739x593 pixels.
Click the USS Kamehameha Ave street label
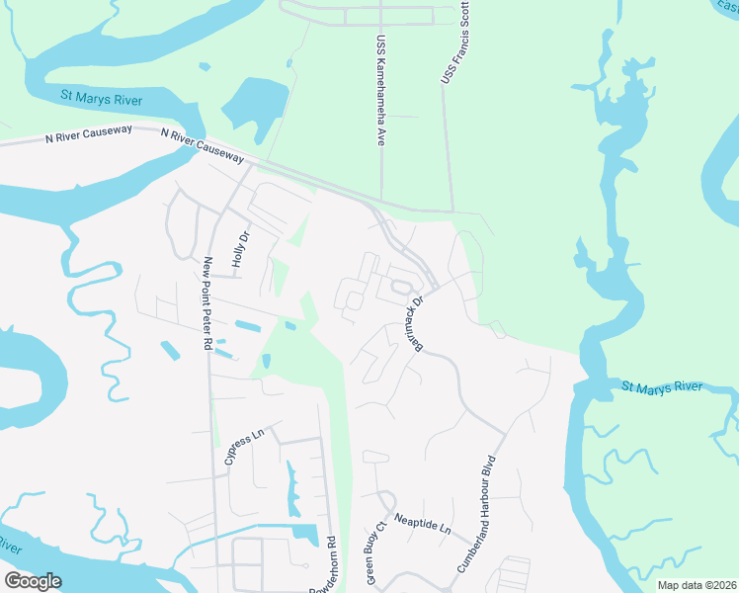[379, 92]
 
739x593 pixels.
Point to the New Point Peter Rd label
[207, 304]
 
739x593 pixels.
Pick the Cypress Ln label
[238, 446]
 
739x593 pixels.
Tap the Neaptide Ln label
[422, 525]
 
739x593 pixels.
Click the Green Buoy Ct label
[373, 552]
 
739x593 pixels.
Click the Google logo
[33, 581]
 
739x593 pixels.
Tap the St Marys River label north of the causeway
[101, 99]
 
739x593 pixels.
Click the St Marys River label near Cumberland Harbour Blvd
[661, 385]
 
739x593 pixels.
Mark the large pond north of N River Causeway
[251, 105]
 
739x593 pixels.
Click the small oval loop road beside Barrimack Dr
[400, 288]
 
